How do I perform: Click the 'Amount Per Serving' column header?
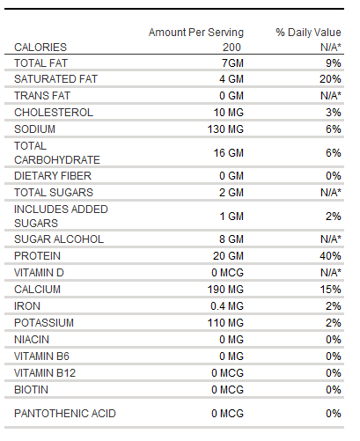point(196,33)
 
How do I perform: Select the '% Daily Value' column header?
point(308,33)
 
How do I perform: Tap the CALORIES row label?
point(40,48)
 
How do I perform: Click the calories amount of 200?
point(231,48)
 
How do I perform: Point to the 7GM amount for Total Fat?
point(232,63)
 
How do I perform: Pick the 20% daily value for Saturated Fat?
point(330,79)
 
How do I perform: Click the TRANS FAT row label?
point(42,96)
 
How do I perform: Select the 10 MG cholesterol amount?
point(229,113)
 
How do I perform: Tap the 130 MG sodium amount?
point(225,129)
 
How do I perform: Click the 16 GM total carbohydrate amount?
point(229,153)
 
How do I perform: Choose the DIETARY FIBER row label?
point(53,176)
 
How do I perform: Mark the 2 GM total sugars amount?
point(231,193)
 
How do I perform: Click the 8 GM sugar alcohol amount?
point(231,239)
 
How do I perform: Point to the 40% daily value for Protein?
point(330,256)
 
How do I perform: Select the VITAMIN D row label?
point(39,273)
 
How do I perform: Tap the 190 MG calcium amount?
point(225,290)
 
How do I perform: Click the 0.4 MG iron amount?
point(227,306)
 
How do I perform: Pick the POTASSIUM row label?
point(44,323)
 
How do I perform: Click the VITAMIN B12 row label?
point(45,373)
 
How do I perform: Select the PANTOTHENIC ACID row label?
point(65,414)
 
